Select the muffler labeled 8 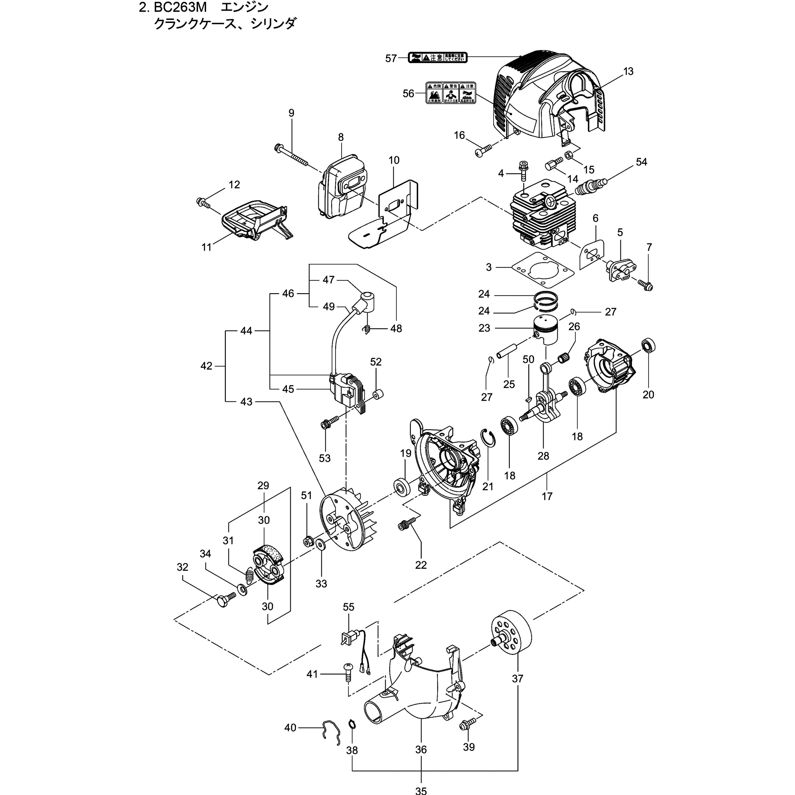pos(341,188)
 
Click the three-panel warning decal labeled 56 pos(450,92)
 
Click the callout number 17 pos(547,497)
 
